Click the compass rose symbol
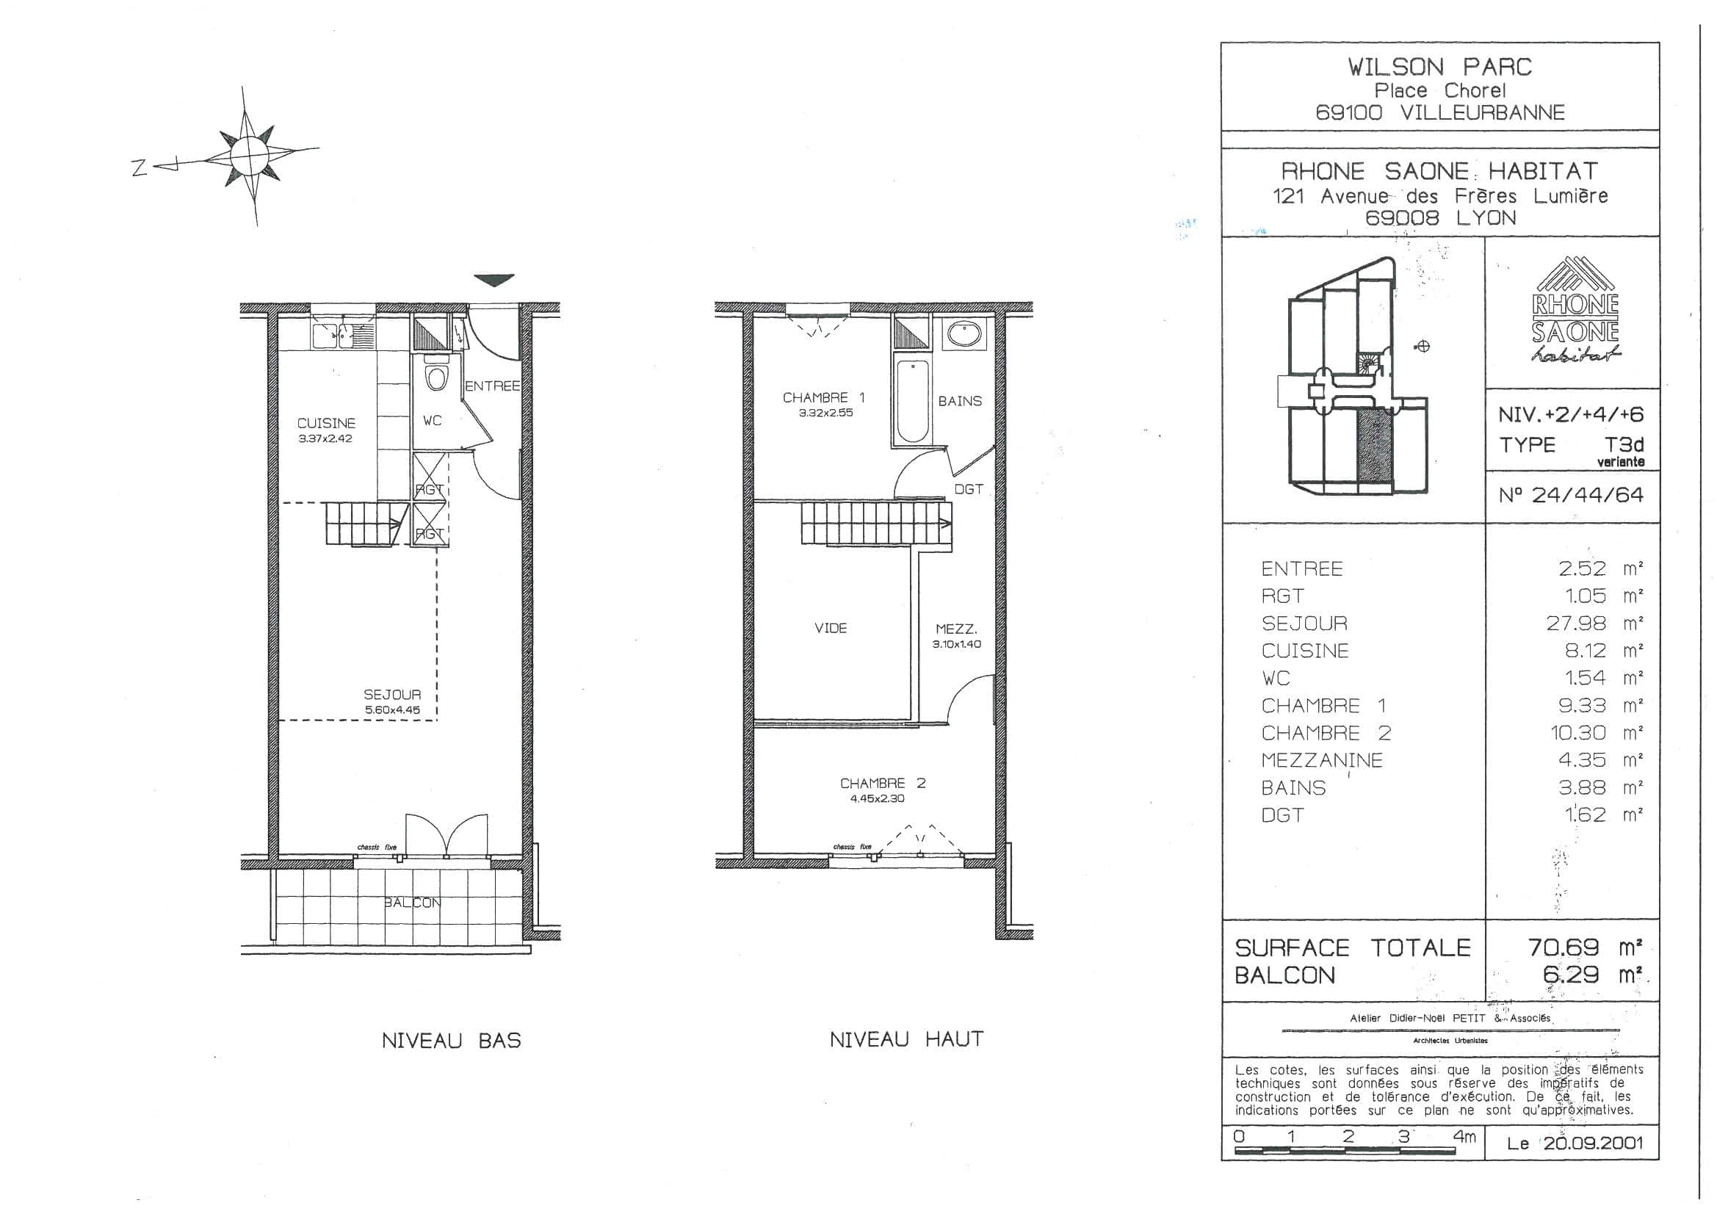250,156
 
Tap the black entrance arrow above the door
495,281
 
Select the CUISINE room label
326,423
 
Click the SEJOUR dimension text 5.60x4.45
393,710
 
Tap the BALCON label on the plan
412,903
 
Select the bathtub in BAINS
911,402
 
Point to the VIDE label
831,629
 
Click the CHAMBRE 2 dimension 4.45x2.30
876,798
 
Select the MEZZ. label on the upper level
956,630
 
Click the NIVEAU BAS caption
451,1041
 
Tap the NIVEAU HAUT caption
906,1039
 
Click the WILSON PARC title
1439,68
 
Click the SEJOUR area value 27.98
1576,623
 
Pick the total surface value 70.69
1563,947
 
